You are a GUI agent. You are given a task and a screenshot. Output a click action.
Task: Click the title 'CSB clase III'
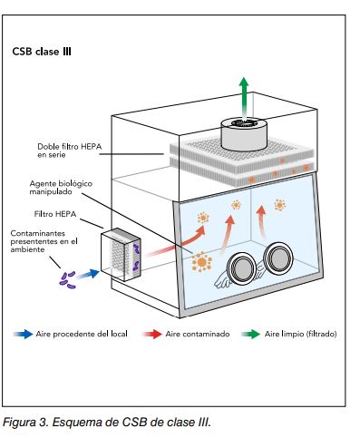[x=42, y=52]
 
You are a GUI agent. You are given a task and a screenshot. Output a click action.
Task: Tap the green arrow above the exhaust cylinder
[x=244, y=97]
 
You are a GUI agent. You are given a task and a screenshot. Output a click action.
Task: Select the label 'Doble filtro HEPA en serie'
[x=70, y=151]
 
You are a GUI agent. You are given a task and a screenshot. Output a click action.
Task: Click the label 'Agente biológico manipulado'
[x=61, y=188]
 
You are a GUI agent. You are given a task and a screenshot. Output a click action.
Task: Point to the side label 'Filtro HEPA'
[x=55, y=214]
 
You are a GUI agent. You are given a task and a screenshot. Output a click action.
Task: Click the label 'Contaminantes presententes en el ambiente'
[x=44, y=241]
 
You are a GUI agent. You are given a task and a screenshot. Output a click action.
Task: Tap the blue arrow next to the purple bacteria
[x=88, y=274]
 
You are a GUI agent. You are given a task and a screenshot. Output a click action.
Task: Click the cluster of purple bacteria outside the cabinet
[x=67, y=280]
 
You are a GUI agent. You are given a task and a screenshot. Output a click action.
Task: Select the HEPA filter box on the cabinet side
[x=121, y=255]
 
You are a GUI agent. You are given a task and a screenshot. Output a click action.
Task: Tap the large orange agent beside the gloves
[x=201, y=262]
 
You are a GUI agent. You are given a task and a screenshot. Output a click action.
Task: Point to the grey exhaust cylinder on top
[x=244, y=134]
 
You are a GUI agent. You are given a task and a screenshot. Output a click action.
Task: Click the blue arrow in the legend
[x=23, y=334]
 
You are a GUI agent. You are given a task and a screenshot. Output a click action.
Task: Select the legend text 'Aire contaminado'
[x=198, y=334]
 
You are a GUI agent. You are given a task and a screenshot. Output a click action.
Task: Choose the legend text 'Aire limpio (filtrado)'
[x=300, y=334]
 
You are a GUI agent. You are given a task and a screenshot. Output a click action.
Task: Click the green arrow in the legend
[x=250, y=334]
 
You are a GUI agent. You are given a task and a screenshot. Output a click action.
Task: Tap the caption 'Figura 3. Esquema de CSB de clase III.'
[x=107, y=422]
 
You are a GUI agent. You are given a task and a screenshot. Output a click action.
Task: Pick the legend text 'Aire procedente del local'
[x=82, y=334]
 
